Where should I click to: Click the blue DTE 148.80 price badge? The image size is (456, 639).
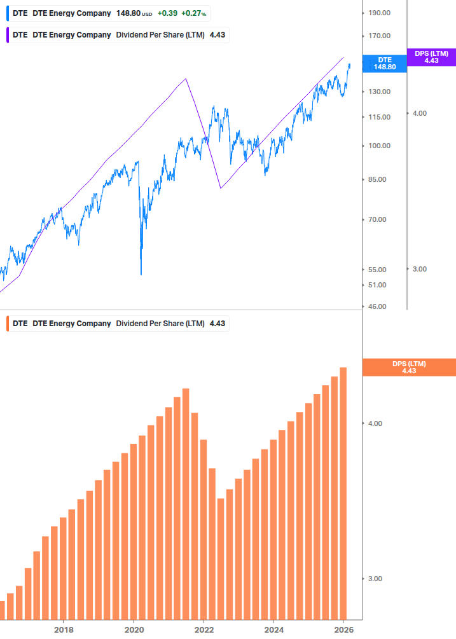(384, 63)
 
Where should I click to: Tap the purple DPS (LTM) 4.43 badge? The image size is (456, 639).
(431, 57)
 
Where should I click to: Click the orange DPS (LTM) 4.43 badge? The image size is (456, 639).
(409, 367)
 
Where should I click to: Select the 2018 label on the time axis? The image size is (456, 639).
(64, 630)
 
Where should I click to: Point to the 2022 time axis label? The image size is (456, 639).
(204, 630)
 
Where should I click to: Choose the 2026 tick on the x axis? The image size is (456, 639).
(343, 630)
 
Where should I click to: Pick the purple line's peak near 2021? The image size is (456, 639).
(186, 79)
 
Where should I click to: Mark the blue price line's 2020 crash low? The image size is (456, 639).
(141, 274)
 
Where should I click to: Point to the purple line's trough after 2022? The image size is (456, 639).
(220, 188)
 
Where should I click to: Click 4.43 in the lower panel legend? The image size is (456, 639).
(218, 323)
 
